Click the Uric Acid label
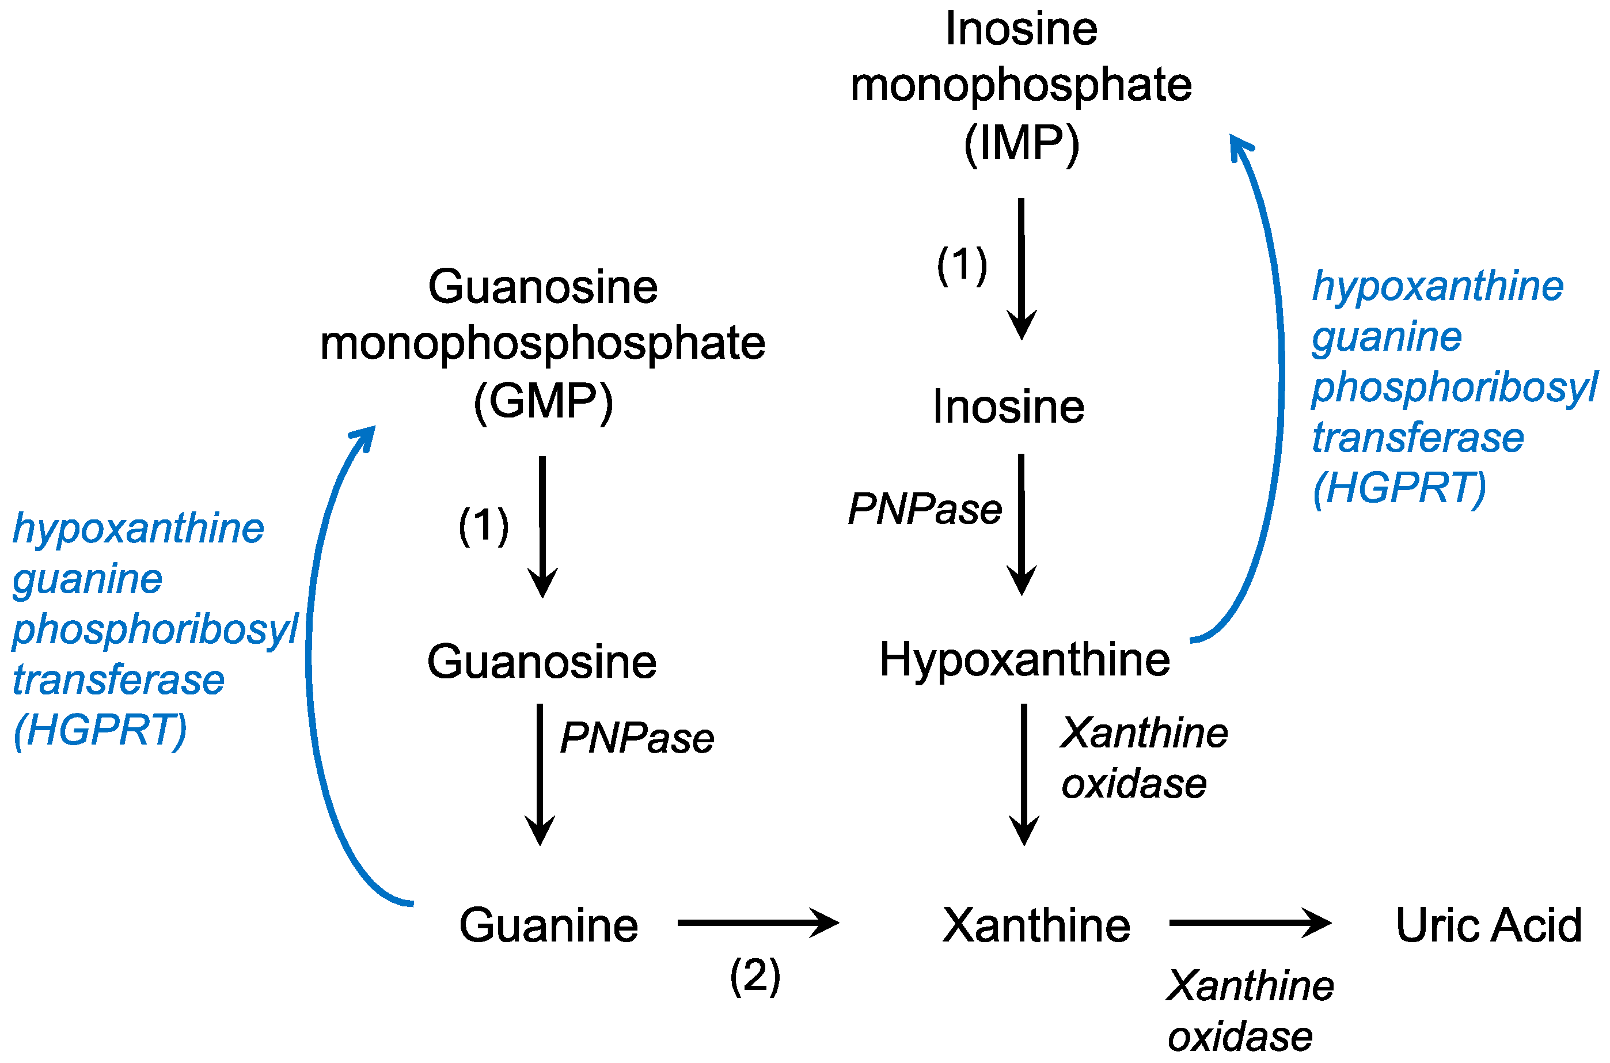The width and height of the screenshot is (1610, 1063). [x=1488, y=925]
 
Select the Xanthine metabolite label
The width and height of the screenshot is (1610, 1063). [x=1036, y=925]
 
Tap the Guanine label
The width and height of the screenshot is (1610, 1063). [x=548, y=925]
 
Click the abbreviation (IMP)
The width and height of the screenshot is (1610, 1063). [x=1021, y=144]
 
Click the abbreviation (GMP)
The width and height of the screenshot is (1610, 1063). [x=543, y=402]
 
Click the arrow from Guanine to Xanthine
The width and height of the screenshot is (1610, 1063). [x=757, y=922]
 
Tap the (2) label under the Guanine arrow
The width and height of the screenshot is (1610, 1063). [x=755, y=976]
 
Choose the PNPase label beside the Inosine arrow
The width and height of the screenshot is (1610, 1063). [x=925, y=509]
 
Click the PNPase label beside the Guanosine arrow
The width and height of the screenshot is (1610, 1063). [x=636, y=738]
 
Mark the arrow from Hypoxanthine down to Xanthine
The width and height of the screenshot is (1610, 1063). [x=1024, y=773]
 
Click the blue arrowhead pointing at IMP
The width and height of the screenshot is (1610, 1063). [x=1239, y=145]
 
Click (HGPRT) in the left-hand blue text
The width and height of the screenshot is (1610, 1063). [x=100, y=730]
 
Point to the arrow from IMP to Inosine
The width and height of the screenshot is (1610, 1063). [x=1021, y=268]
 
